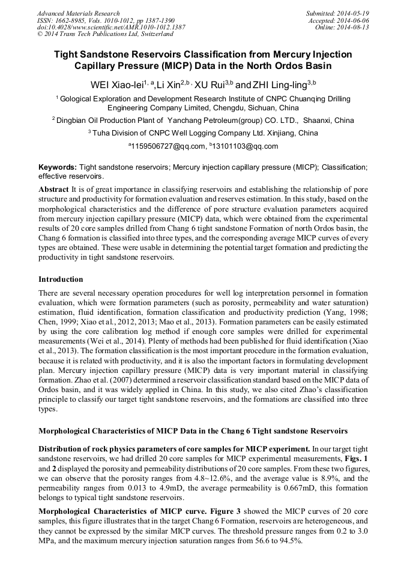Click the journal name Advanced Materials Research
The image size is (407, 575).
(79, 13)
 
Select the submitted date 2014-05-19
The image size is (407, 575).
(354, 13)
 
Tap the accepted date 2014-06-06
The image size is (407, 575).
(354, 20)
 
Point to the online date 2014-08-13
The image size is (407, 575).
(354, 28)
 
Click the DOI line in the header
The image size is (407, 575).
(111, 28)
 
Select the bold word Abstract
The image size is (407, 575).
(53, 189)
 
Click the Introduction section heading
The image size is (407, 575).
(61, 279)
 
